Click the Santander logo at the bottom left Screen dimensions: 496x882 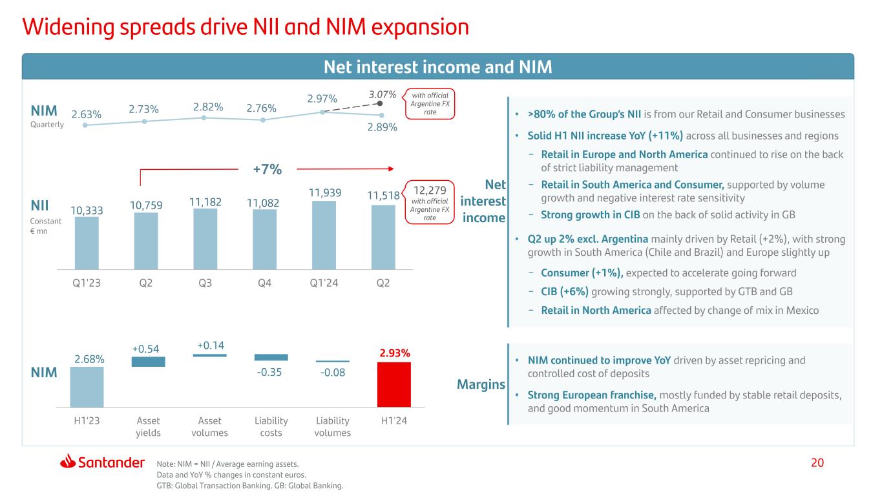click(102, 462)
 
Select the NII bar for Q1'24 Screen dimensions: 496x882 click(324, 235)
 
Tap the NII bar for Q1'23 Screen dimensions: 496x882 click(87, 243)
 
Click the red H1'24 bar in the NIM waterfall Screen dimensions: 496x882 click(394, 384)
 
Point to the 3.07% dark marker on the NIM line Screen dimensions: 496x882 click(380, 102)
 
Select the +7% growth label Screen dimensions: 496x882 click(267, 169)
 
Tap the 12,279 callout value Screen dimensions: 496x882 click(430, 192)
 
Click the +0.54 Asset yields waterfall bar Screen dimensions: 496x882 click(148, 362)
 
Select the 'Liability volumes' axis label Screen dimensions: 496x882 click(332, 426)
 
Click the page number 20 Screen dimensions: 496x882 click(818, 462)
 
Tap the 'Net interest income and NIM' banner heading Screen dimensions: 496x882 click(437, 67)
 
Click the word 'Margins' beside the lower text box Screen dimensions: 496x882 click(481, 385)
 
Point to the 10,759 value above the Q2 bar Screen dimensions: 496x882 click(147, 204)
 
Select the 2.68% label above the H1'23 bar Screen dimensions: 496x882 click(87, 358)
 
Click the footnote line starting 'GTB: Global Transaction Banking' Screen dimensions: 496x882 click(251, 486)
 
